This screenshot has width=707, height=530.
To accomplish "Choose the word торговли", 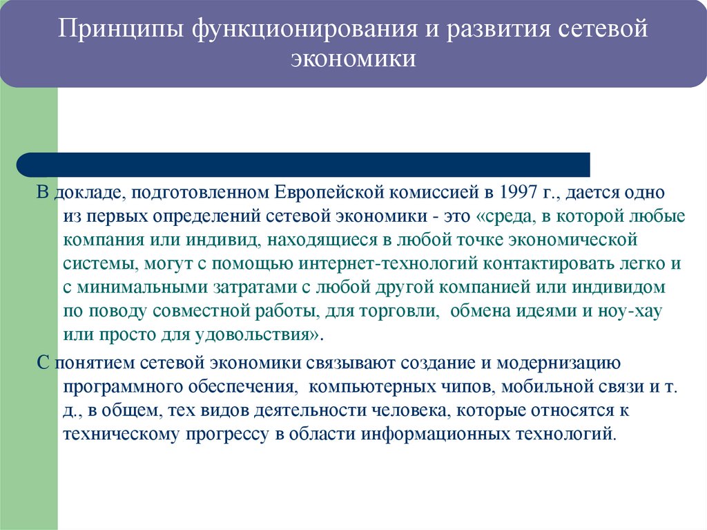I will click(405, 312).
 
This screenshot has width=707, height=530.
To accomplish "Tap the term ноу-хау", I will click(633, 312).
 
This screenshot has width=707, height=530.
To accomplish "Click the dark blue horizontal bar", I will click(304, 164).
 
